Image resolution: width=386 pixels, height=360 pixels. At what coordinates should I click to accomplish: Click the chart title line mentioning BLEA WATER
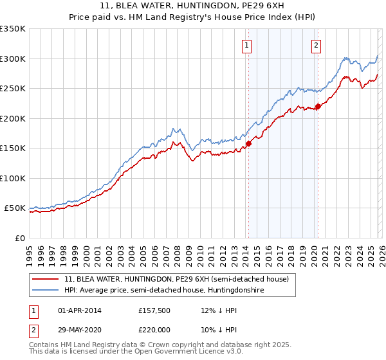193,6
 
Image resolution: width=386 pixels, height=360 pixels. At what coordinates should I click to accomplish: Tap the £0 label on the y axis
20,238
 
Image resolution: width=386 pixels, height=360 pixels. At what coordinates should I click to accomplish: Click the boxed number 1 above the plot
248,45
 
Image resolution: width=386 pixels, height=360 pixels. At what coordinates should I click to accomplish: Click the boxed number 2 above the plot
317,45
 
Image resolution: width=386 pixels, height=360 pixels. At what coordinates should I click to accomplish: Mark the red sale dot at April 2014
248,144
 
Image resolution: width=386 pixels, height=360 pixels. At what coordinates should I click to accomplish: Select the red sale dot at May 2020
318,107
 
